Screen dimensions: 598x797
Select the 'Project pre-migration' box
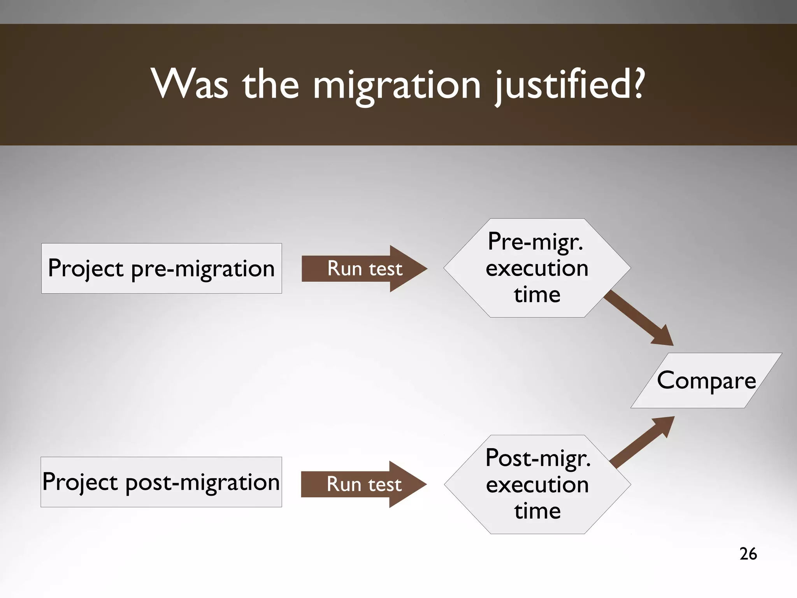162,268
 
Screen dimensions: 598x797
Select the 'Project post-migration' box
161,482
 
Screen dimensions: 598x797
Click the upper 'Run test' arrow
364,268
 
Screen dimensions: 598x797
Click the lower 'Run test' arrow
363,484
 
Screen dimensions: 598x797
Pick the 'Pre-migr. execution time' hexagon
537,268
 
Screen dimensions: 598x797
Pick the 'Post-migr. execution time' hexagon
537,484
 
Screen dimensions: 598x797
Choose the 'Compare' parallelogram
706,381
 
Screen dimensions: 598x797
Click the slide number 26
748,554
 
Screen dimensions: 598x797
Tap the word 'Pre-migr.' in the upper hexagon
535,242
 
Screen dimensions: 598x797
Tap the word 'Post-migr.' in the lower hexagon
538,458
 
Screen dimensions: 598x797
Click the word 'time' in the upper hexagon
537,295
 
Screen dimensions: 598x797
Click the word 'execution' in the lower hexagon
537,485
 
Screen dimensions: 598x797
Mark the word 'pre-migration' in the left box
203,269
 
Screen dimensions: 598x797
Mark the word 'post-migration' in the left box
202,482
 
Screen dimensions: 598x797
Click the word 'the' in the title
271,84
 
